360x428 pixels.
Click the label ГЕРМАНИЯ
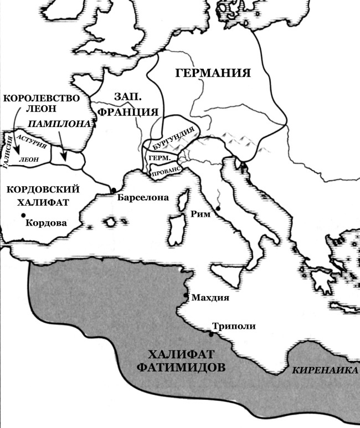[213, 73]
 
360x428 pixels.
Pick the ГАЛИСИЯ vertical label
[7, 151]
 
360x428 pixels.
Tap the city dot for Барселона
[114, 190]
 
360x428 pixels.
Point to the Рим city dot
[218, 208]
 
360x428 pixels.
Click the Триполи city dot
[211, 334]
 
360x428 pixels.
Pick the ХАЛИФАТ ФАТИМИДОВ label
[189, 361]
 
